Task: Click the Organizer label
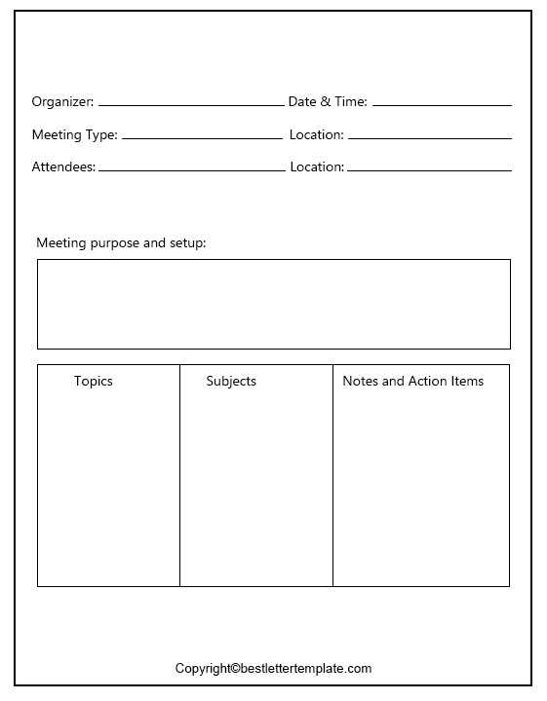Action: click(x=62, y=101)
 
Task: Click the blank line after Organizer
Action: click(x=190, y=104)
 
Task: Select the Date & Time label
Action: click(x=328, y=101)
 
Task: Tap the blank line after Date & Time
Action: click(x=442, y=104)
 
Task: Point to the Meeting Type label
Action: click(x=74, y=134)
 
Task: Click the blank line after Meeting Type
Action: click(x=202, y=137)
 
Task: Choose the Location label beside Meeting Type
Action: click(x=316, y=134)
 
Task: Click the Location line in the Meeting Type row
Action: click(x=429, y=137)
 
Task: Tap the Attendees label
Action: click(x=63, y=166)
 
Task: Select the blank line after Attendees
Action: click(x=191, y=169)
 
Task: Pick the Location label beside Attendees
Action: click(x=317, y=166)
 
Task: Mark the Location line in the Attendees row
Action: click(x=429, y=169)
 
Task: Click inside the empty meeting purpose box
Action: click(x=273, y=304)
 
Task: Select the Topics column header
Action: click(x=94, y=381)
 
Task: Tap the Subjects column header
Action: click(x=231, y=381)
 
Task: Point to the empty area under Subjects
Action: click(x=255, y=487)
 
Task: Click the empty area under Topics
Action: click(x=108, y=487)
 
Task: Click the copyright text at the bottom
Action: click(x=273, y=668)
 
